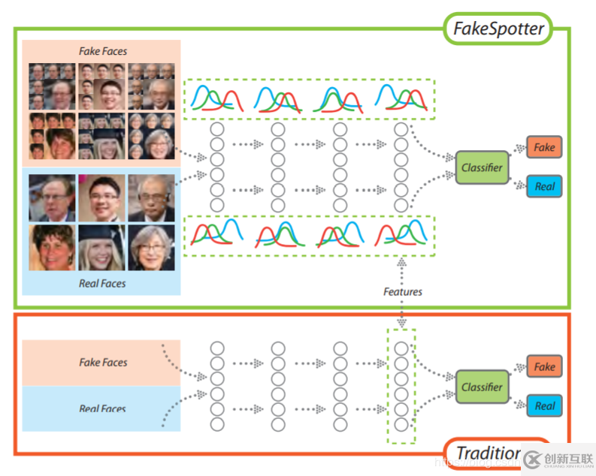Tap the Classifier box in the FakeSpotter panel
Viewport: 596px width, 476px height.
482,167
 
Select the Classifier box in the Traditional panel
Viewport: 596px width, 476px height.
482,387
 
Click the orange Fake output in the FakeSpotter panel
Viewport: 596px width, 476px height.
544,147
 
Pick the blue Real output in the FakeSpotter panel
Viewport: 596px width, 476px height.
544,185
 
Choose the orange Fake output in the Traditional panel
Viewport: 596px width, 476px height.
544,366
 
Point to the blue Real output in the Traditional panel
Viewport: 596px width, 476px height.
544,406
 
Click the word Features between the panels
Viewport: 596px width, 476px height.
403,291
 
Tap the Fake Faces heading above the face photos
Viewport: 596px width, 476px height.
103,51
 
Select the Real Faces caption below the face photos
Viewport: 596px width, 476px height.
102,283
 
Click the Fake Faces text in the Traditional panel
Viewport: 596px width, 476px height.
103,362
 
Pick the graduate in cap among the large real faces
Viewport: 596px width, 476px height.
101,247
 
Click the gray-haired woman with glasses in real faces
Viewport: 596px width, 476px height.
151,247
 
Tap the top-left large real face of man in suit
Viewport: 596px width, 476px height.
53,197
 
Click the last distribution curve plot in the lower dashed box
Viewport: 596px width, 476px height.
403,232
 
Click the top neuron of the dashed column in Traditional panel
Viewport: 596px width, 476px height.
401,348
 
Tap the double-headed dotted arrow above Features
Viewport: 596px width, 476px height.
402,269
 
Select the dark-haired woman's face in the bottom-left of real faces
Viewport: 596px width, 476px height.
53,247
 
